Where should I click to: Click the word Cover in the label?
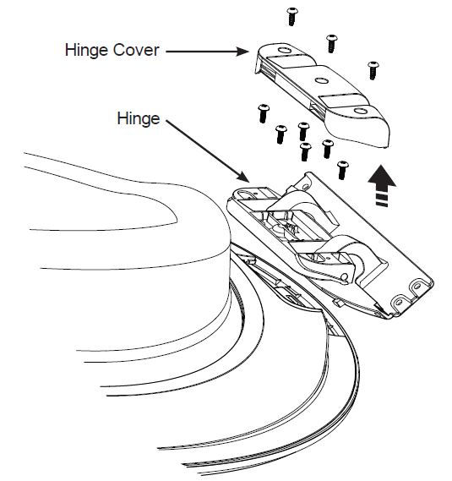pyautogui.click(x=136, y=50)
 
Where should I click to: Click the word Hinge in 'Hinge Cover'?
pyautogui.click(x=86, y=51)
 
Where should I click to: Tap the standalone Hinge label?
pyautogui.click(x=139, y=119)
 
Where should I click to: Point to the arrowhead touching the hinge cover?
pyautogui.click(x=242, y=52)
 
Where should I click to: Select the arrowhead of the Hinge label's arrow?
pyautogui.click(x=243, y=177)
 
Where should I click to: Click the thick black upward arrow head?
pyautogui.click(x=382, y=177)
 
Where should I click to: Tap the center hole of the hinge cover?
pyautogui.click(x=322, y=81)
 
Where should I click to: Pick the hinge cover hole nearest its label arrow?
pyautogui.click(x=284, y=50)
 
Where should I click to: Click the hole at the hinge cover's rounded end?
pyautogui.click(x=361, y=111)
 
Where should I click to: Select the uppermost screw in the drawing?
pyautogui.click(x=292, y=17)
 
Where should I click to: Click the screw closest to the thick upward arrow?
pyautogui.click(x=342, y=170)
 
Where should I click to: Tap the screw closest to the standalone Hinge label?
pyautogui.click(x=264, y=113)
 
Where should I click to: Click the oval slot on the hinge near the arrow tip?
pyautogui.click(x=245, y=194)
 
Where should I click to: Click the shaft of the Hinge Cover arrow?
pyautogui.click(x=202, y=52)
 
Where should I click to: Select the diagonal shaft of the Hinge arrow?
pyautogui.click(x=203, y=149)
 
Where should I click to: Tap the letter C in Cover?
pyautogui.click(x=119, y=50)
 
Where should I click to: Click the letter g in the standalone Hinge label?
pyautogui.click(x=145, y=121)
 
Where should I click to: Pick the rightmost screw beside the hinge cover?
pyautogui.click(x=373, y=70)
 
